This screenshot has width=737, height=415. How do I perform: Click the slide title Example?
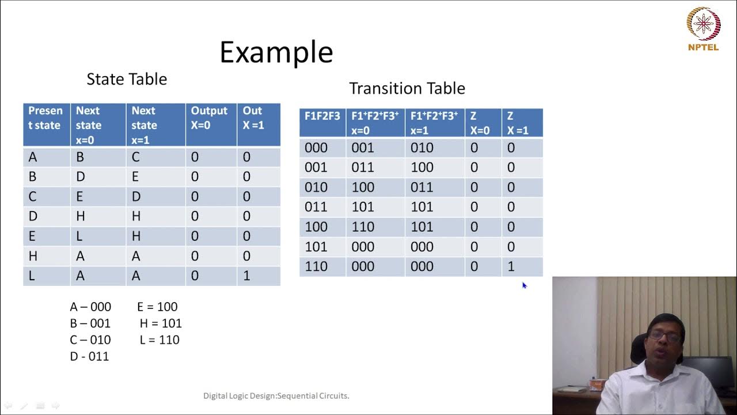[x=276, y=52]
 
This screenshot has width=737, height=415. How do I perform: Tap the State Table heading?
[x=127, y=79]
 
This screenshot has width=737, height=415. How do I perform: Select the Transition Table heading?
[x=407, y=88]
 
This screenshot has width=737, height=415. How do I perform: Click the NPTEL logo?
[x=703, y=29]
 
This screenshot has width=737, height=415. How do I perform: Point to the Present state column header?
[x=45, y=118]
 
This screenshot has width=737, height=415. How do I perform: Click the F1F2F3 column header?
[x=322, y=116]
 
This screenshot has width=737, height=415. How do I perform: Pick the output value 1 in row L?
[x=246, y=276]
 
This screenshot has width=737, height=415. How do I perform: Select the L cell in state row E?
[x=79, y=236]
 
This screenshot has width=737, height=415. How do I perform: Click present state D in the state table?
[x=32, y=217]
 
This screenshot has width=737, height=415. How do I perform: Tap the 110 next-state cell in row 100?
[x=363, y=227]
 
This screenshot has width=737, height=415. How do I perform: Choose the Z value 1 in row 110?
[x=510, y=267]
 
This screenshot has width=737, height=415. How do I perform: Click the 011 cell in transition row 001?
[x=363, y=168]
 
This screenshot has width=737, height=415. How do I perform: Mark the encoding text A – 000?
[x=90, y=307]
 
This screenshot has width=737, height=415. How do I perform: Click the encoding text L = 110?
[x=159, y=340]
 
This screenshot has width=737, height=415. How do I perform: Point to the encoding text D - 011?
[x=89, y=357]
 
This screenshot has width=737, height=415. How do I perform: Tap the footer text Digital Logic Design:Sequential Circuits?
[x=276, y=396]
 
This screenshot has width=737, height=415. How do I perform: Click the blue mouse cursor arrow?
[x=524, y=285]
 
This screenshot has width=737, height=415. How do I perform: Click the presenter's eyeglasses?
[x=664, y=336]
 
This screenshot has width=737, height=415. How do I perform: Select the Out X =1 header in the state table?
[x=253, y=118]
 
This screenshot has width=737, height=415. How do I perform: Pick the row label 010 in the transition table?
[x=316, y=187]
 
